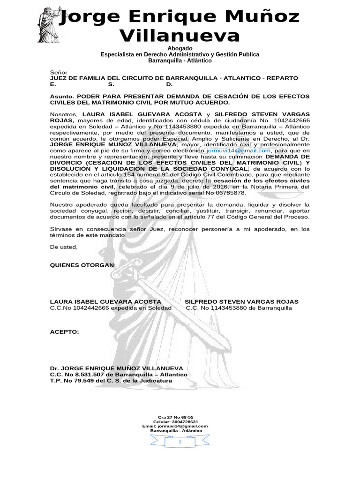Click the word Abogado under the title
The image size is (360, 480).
tap(180, 49)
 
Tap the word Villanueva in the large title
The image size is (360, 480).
tap(180, 36)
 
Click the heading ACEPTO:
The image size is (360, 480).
tap(65, 332)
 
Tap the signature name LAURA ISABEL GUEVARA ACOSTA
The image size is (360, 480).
tap(105, 301)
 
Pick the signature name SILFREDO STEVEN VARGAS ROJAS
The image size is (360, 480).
tap(241, 301)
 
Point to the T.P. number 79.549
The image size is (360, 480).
tap(84, 381)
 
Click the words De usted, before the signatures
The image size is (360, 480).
tap(64, 247)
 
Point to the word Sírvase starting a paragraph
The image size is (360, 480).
tap(61, 229)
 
